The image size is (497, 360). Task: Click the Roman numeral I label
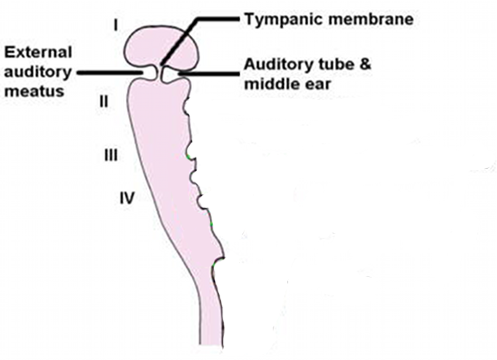pyautogui.click(x=116, y=25)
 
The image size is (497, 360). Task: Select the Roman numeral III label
pyautogui.click(x=110, y=155)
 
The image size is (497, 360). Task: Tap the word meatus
pyautogui.click(x=34, y=91)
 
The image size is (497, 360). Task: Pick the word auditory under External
pyautogui.click(x=38, y=72)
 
